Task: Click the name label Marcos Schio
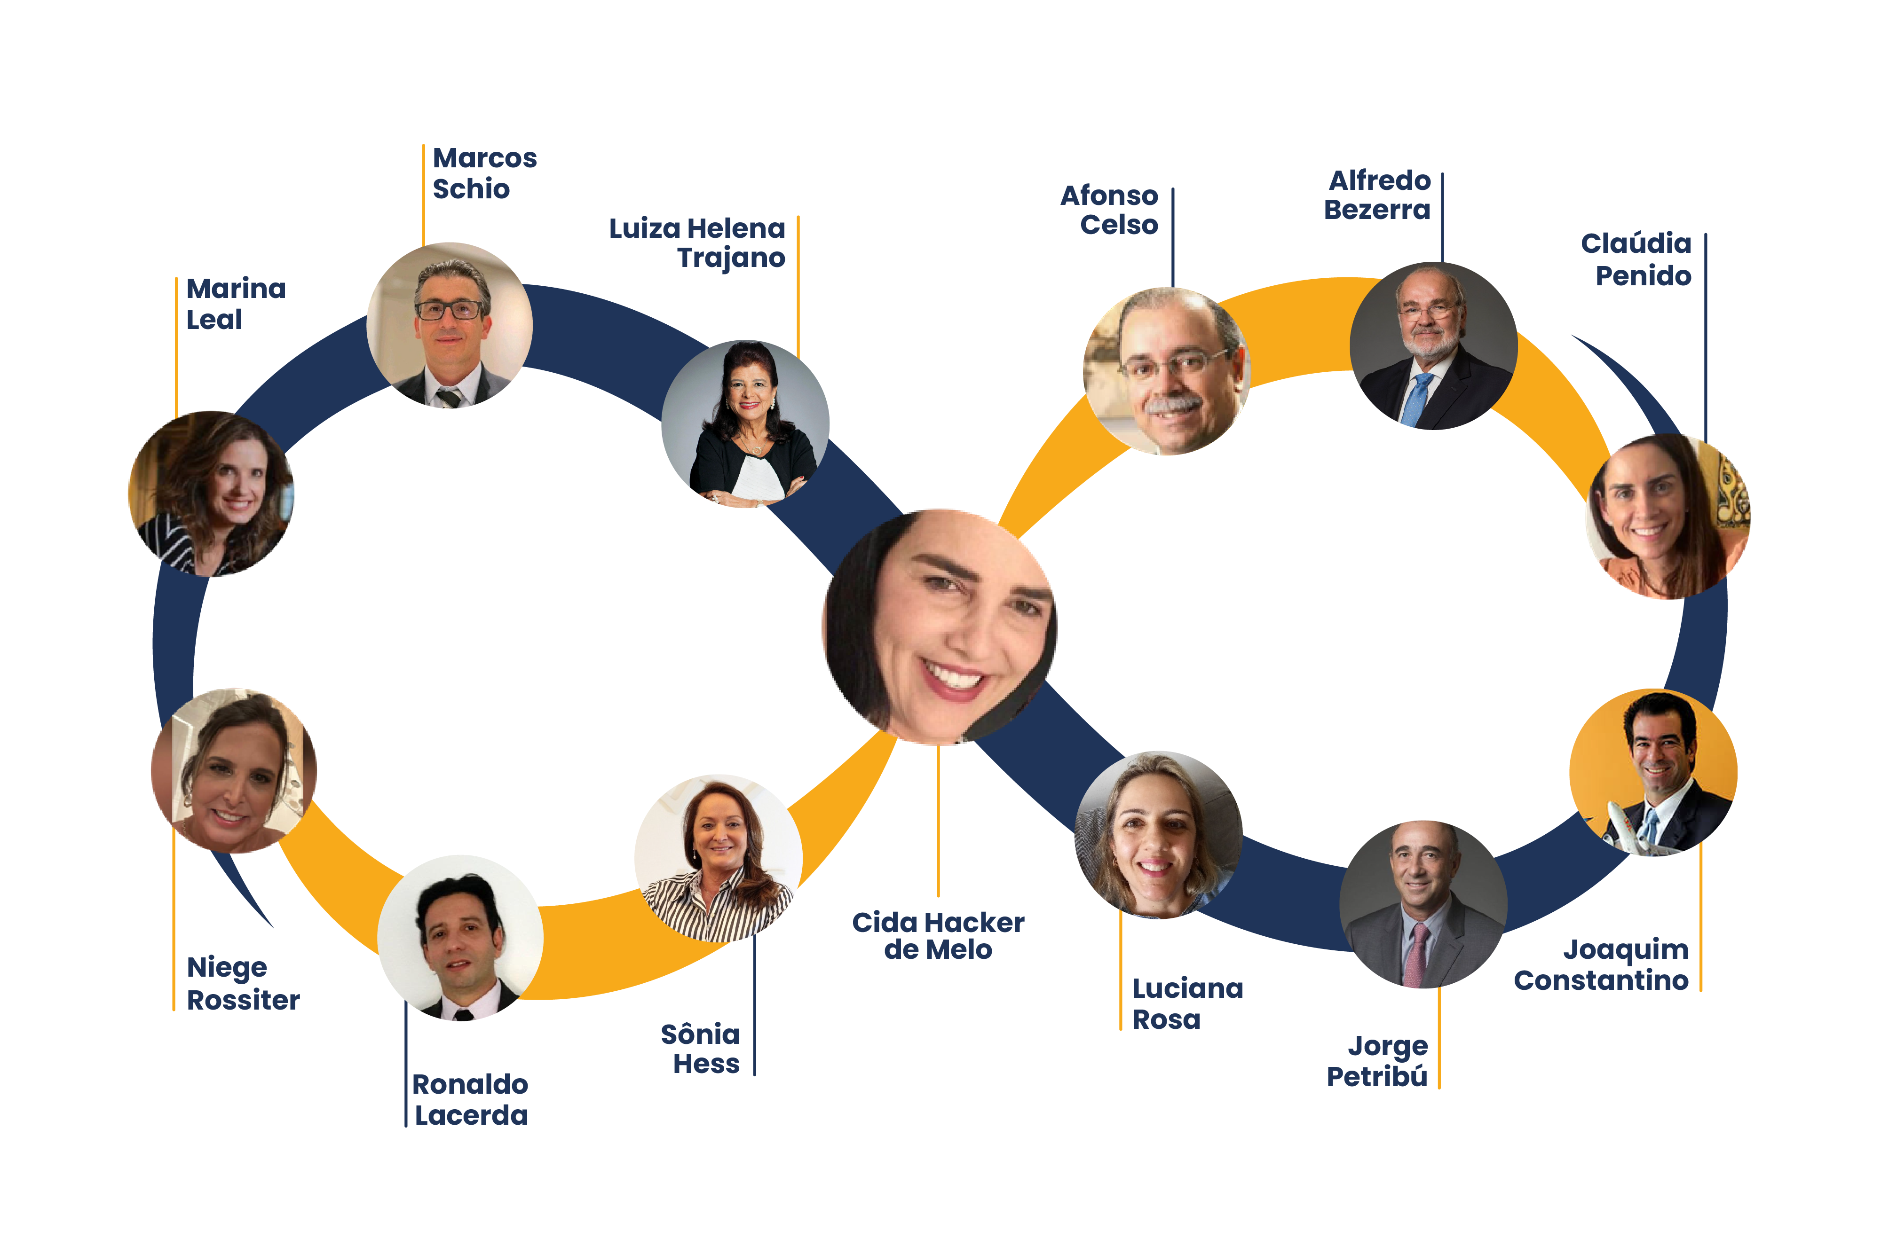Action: pyautogui.click(x=484, y=174)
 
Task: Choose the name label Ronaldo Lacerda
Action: pyautogui.click(x=470, y=1100)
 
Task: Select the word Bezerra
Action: pyautogui.click(x=1377, y=210)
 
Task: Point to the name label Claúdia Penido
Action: pyautogui.click(x=1636, y=259)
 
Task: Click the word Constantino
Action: pyautogui.click(x=1601, y=980)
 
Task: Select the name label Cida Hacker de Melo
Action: pyautogui.click(x=938, y=936)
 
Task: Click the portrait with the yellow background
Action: pyautogui.click(x=1653, y=772)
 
